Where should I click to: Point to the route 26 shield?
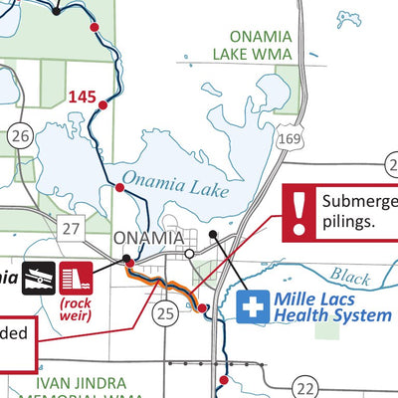click(23, 134)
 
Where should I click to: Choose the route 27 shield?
click(69, 230)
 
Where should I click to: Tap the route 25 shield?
click(166, 314)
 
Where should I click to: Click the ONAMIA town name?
click(148, 239)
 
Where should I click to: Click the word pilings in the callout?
click(347, 222)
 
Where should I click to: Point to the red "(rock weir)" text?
click(76, 307)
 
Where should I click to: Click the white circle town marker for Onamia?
click(190, 254)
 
